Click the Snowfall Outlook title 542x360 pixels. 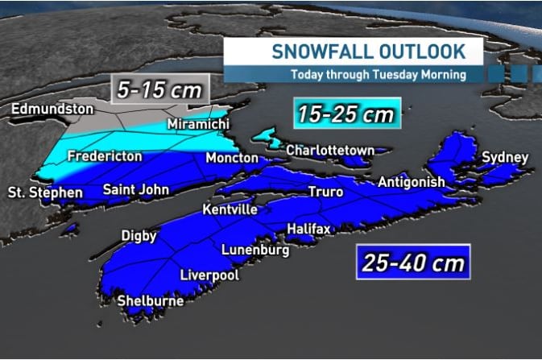point(368,52)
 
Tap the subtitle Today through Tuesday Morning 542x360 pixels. point(379,76)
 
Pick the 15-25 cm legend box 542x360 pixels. point(347,114)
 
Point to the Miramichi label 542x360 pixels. point(198,124)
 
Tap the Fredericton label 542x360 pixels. point(105,155)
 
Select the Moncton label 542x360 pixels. point(231,157)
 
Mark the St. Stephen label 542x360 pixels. point(45,192)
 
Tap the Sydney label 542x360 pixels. point(505,157)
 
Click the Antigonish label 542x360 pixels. point(411,183)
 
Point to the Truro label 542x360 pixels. point(325,192)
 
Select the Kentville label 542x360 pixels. point(230,209)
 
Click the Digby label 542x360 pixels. point(139,235)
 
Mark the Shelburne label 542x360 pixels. point(151,301)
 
